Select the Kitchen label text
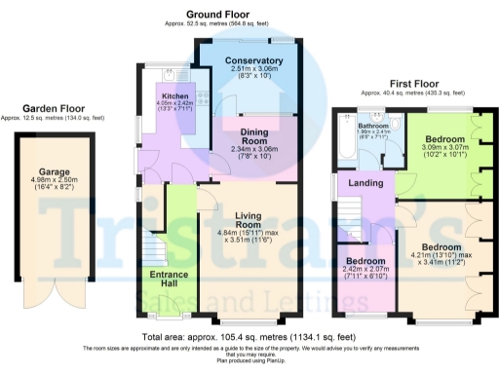tap(175, 95)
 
